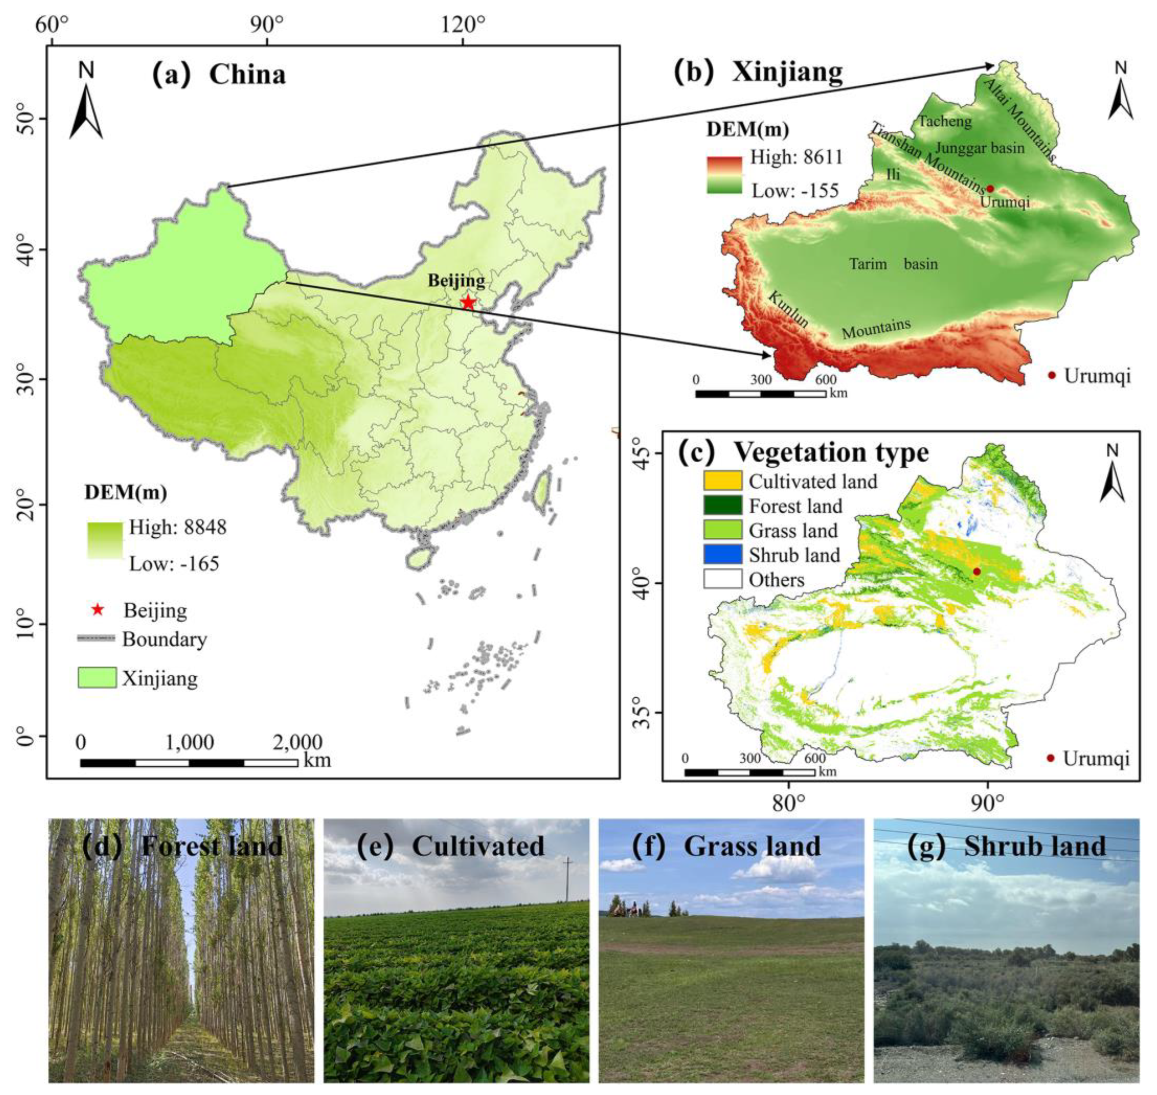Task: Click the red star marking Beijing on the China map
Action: [468, 302]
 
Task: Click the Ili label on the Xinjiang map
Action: [893, 174]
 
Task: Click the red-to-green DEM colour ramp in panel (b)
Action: [724, 175]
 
